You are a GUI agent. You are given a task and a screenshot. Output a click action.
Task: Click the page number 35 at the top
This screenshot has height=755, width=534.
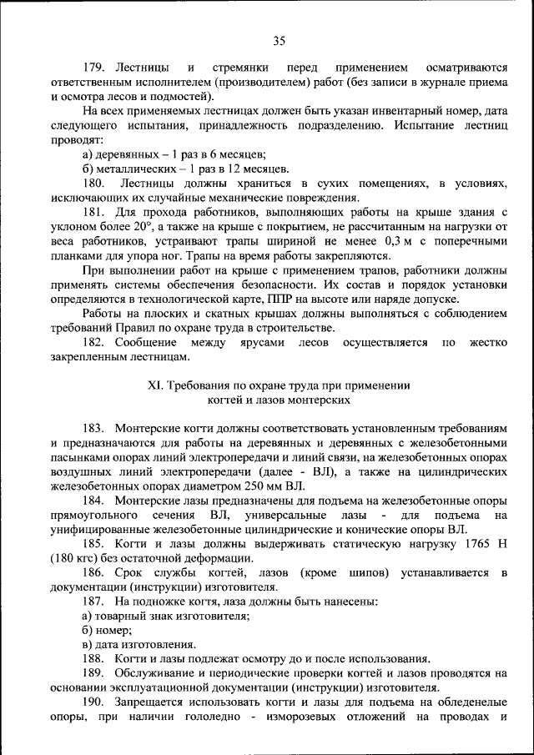[279, 41]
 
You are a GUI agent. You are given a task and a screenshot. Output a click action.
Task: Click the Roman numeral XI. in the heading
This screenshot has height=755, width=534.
[155, 385]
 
